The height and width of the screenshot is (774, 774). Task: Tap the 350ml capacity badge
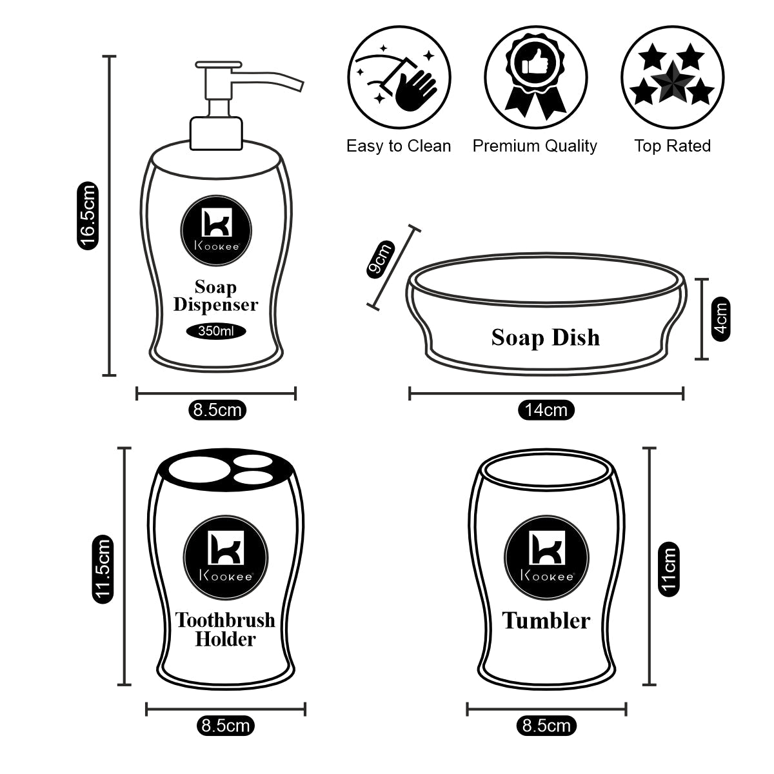point(215,332)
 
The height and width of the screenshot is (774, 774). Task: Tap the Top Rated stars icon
point(671,76)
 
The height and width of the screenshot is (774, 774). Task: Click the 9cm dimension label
point(380,259)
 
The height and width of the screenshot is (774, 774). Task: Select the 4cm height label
point(721,318)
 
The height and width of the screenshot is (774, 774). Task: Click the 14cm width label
point(546,410)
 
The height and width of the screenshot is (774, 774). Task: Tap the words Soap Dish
point(546,337)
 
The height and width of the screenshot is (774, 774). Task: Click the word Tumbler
point(546,620)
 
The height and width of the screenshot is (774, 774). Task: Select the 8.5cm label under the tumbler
point(546,726)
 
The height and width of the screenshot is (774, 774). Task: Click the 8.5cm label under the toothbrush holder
point(225,726)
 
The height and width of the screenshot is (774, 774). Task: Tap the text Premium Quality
point(535,146)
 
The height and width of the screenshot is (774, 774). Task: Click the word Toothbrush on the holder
point(225,620)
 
